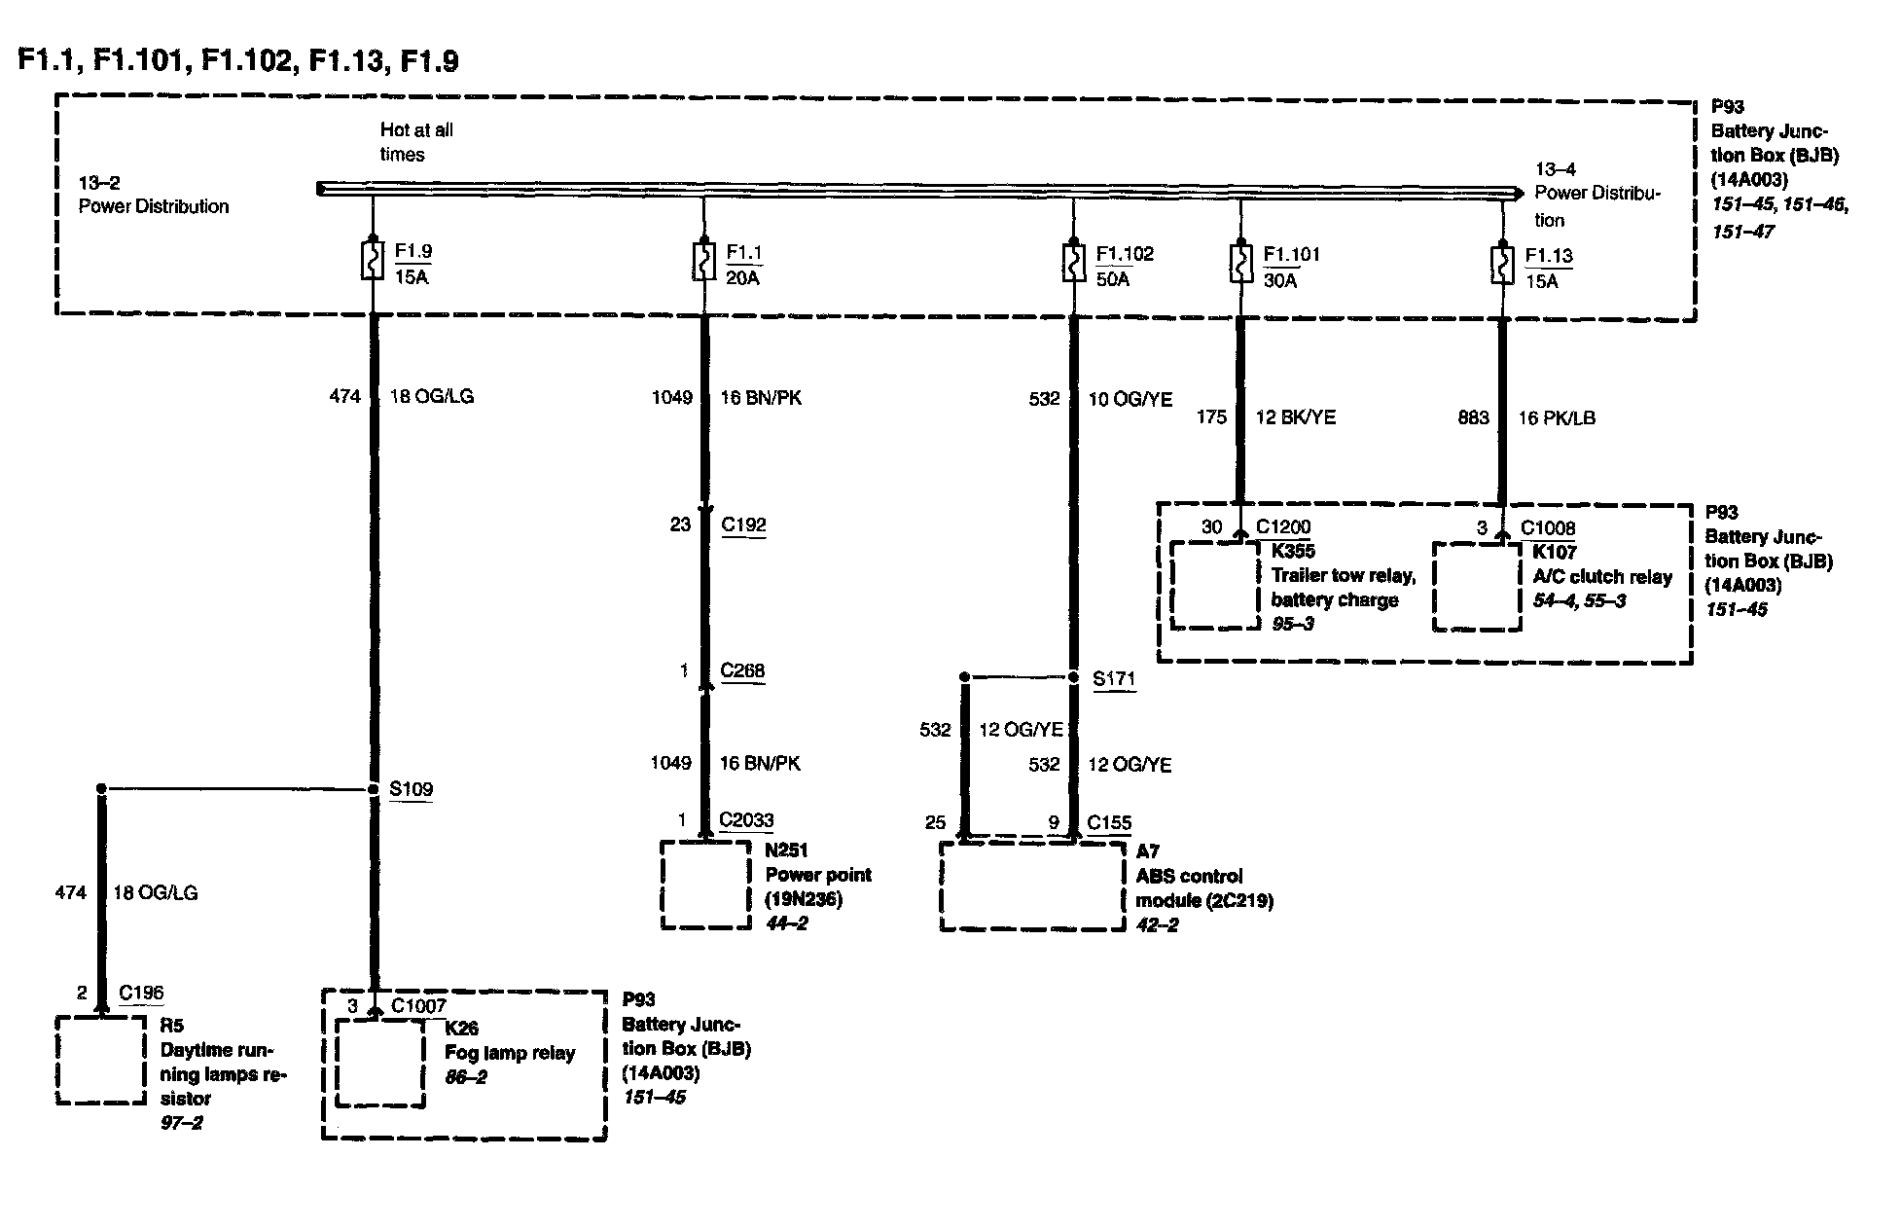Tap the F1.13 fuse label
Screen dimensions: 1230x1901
pos(1548,256)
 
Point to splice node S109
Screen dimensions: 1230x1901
pos(373,789)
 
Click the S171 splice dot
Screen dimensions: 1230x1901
pos(1074,677)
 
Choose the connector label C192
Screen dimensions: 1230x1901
pos(743,525)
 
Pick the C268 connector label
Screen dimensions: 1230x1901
pos(742,671)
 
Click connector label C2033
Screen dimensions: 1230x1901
pos(746,820)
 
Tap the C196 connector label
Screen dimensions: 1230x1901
pos(141,994)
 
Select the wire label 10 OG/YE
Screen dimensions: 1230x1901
pos(1130,399)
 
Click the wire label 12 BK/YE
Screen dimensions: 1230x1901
pos(1295,417)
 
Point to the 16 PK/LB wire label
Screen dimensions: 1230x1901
pos(1557,418)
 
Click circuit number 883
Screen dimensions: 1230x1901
pos(1473,418)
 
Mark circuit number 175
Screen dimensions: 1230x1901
pos(1211,417)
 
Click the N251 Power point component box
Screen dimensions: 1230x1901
pos(705,885)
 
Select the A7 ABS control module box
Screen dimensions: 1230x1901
pos(1032,886)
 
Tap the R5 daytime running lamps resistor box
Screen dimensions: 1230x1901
pos(101,1060)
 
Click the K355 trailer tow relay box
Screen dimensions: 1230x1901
pos(1214,585)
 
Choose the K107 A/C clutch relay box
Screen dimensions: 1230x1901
pos(1477,586)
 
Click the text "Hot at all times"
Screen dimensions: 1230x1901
pos(416,142)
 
